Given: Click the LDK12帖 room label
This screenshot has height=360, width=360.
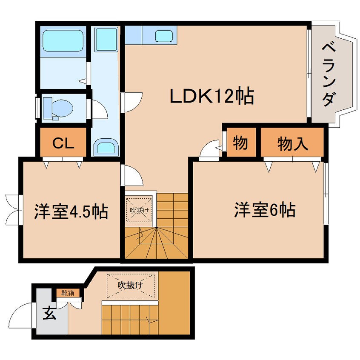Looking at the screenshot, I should (x=211, y=97).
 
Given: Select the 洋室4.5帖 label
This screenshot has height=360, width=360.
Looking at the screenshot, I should (x=71, y=211).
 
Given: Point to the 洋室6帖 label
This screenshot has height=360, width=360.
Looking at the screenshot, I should (x=264, y=210).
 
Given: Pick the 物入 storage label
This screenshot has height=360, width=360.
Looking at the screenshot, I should (x=292, y=143).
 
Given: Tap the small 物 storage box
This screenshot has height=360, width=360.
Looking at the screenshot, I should (x=240, y=143).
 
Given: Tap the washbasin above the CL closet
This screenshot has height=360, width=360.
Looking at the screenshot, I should (x=105, y=148).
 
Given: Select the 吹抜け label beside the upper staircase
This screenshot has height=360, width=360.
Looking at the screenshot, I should (x=138, y=210).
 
